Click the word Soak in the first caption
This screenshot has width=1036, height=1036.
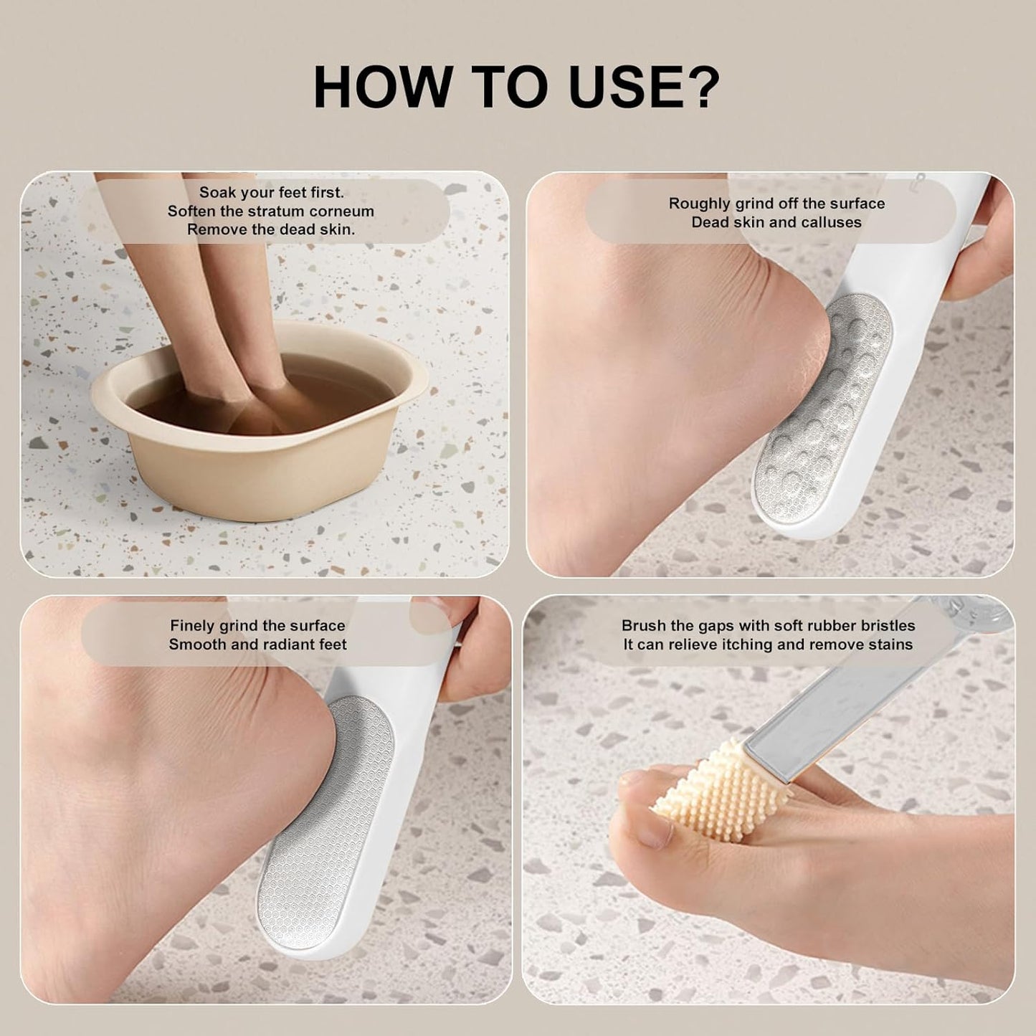[218, 192]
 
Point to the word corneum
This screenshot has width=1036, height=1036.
[341, 211]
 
